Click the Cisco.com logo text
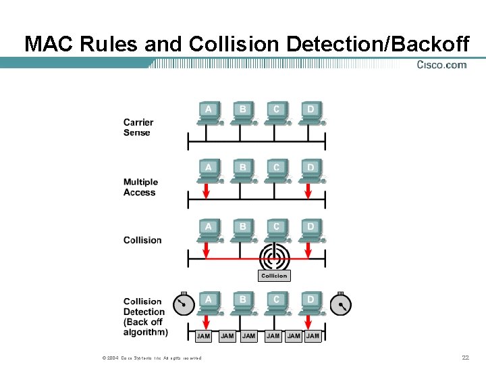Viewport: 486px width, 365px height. (x=441, y=65)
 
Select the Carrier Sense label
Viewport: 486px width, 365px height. (x=138, y=127)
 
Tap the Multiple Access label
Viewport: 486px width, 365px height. (x=140, y=187)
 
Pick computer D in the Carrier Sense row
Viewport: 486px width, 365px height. (x=310, y=113)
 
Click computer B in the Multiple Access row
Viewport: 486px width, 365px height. (x=242, y=170)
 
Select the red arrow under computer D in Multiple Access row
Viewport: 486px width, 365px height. (x=308, y=191)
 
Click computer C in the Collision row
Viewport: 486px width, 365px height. (x=276, y=230)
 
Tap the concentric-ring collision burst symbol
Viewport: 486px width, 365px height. (x=275, y=257)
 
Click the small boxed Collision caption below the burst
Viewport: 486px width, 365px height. (x=274, y=276)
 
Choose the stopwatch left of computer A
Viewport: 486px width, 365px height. (x=182, y=304)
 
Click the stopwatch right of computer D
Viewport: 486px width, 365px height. (x=342, y=305)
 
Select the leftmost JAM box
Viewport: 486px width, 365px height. (x=203, y=336)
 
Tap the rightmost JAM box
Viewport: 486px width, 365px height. (x=313, y=336)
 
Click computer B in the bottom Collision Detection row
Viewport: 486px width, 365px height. (x=242, y=302)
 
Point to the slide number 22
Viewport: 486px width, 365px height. (x=465, y=358)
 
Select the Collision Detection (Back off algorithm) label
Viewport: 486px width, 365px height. (x=145, y=316)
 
